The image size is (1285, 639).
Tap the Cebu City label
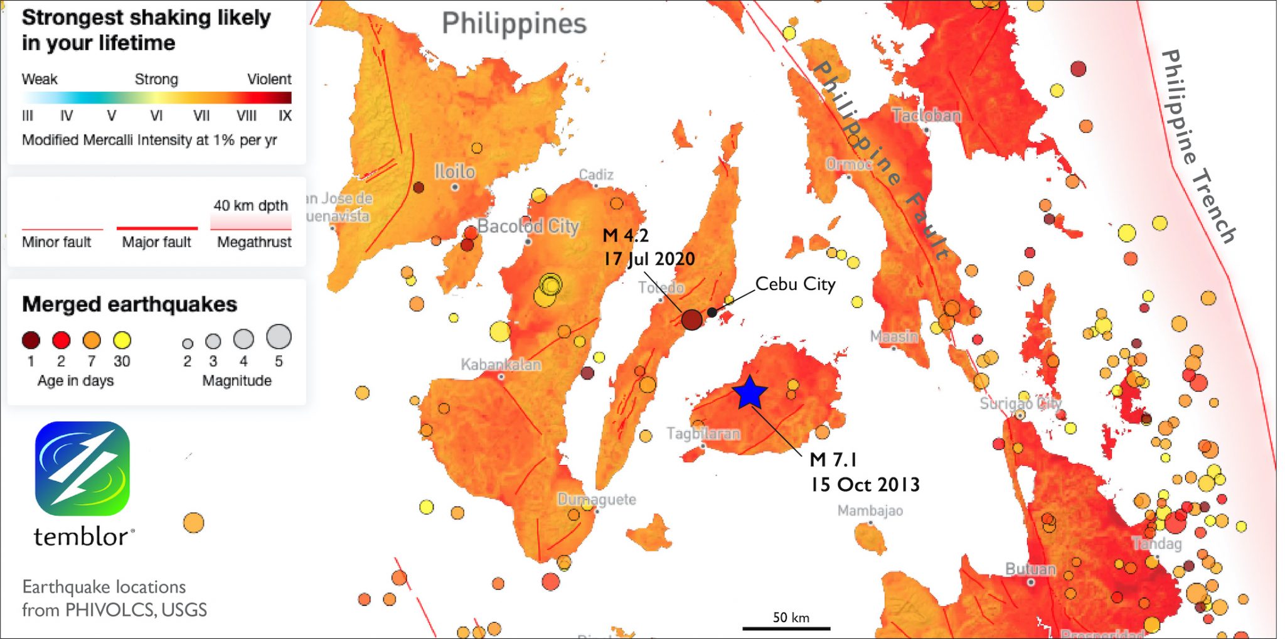tap(795, 284)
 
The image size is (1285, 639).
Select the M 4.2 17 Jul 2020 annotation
tap(649, 247)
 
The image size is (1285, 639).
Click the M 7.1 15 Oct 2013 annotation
tap(864, 472)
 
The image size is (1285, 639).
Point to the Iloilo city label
tap(455, 171)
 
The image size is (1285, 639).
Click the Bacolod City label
tap(528, 226)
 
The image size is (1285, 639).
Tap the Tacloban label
tap(926, 115)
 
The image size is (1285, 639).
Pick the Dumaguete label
tap(597, 500)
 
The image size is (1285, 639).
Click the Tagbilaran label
tap(703, 434)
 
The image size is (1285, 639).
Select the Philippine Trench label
tap(1197, 146)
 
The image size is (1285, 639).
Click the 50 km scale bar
tap(786, 627)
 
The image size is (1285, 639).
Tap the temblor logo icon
tap(82, 469)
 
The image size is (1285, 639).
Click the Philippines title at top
tap(514, 24)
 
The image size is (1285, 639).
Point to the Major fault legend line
tap(157, 228)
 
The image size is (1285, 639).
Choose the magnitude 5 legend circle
tap(279, 336)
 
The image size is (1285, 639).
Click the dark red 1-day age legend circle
tap(31, 340)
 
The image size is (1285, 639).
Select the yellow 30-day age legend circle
tap(122, 340)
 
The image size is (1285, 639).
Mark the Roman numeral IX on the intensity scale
tap(285, 115)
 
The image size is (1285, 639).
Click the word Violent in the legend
tap(269, 79)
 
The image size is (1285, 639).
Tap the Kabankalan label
tap(501, 365)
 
